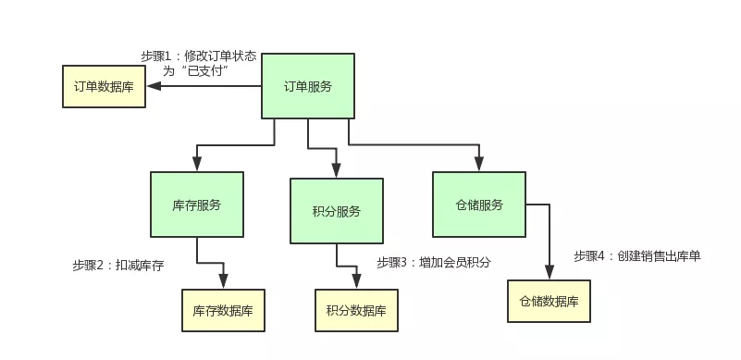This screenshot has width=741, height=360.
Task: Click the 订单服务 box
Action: [x=307, y=87]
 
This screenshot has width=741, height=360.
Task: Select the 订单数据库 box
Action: [x=104, y=86]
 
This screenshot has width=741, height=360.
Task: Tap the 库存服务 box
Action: [x=197, y=205]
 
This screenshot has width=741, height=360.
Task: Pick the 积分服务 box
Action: [x=336, y=211]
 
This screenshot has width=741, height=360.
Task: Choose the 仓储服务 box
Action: [x=479, y=205]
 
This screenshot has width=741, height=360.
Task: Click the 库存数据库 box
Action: [x=223, y=310]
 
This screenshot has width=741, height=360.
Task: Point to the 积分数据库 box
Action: [x=356, y=310]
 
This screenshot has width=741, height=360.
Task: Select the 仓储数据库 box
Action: [x=549, y=301]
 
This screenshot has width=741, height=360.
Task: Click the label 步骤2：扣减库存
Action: [x=117, y=265]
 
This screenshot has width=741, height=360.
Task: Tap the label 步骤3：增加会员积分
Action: [x=433, y=262]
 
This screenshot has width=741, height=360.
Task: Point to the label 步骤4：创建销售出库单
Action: [x=636, y=255]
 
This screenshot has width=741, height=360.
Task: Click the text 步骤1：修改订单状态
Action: [x=198, y=56]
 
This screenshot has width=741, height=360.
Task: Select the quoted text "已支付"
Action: [x=207, y=70]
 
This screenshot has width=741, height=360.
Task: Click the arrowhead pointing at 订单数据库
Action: [x=154, y=86]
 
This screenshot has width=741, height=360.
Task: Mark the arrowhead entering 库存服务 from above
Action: [x=197, y=164]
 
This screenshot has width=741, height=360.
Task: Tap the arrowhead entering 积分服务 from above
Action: [x=336, y=171]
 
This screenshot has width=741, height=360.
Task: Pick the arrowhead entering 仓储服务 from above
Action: [x=479, y=164]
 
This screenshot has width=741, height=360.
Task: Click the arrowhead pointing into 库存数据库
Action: [x=223, y=281]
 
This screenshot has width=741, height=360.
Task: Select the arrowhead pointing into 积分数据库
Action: [x=356, y=281]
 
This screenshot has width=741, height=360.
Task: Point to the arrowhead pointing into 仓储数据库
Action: [x=549, y=272]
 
